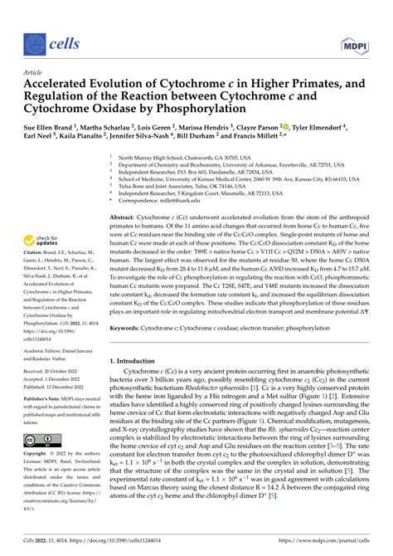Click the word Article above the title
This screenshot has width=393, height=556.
pos(32,72)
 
